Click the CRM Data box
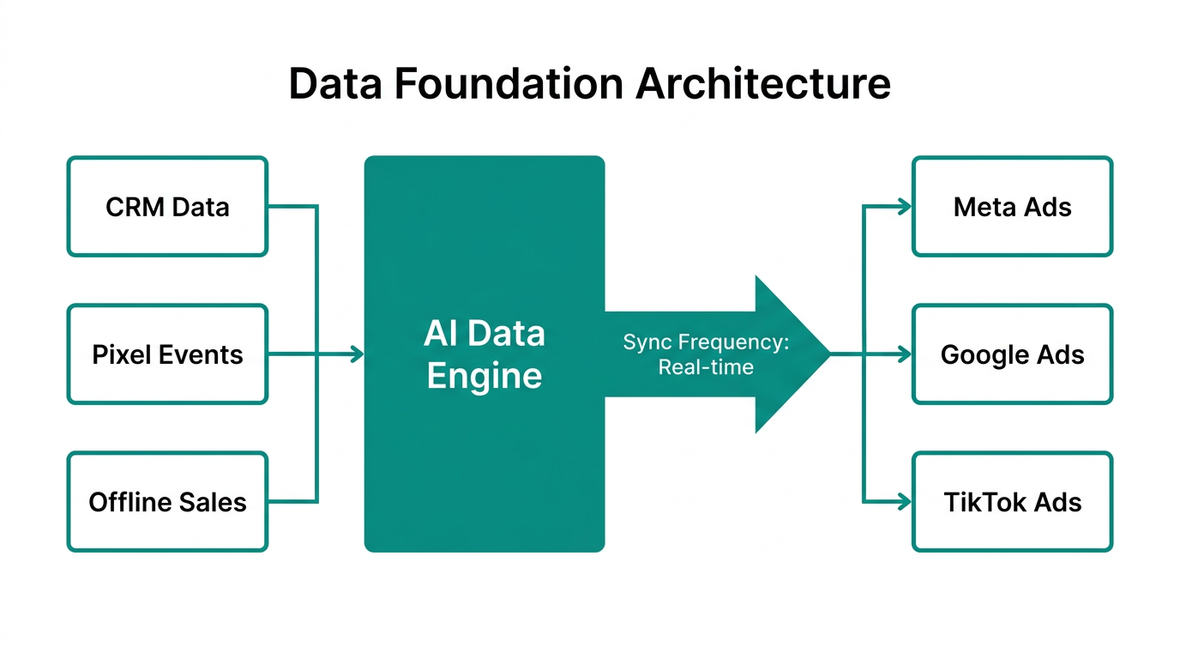tap(167, 207)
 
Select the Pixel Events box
tap(167, 354)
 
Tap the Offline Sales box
tap(167, 502)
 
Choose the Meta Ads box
tap(1012, 207)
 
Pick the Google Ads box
tap(1012, 354)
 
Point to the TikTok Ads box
tap(1012, 502)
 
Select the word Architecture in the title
tap(764, 84)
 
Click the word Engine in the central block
tap(485, 376)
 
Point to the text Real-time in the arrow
tap(706, 367)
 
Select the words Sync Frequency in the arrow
tap(706, 342)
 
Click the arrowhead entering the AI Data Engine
tap(358, 354)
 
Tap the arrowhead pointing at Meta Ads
tap(905, 207)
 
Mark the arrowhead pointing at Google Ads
tap(905, 354)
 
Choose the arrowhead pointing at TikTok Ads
tap(905, 502)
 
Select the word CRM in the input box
tap(135, 207)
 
